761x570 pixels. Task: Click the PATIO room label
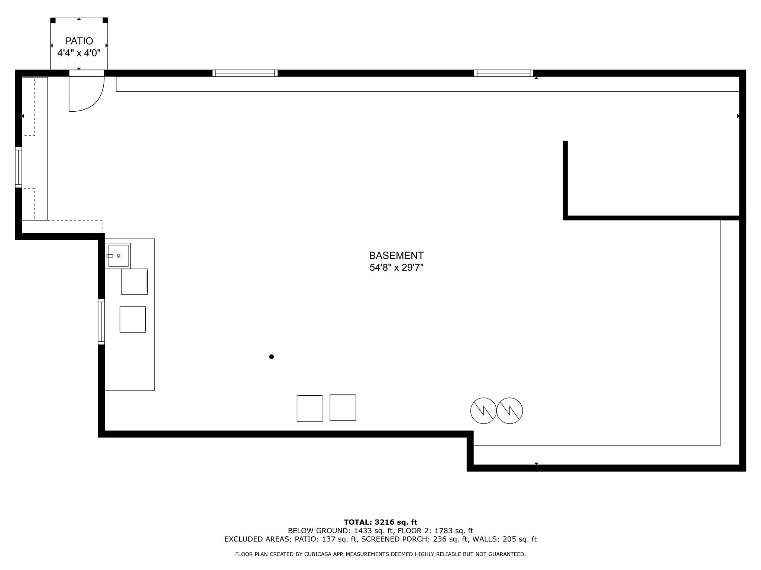coord(79,41)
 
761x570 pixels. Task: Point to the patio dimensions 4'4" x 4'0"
coord(79,53)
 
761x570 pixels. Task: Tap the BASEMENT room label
coord(396,256)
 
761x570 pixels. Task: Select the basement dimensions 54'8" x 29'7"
coord(396,268)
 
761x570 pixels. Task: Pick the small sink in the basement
coord(118,256)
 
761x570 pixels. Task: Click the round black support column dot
coord(272,357)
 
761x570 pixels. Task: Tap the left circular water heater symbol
coord(483,411)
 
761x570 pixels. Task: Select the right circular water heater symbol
coord(510,411)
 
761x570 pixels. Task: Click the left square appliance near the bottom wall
coord(310,408)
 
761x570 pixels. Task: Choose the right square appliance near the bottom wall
coord(343,407)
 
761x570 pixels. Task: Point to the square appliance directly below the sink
coord(135,282)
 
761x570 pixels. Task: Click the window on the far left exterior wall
coord(19,167)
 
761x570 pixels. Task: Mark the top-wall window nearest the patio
coord(245,73)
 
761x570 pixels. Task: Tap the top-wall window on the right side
coord(503,73)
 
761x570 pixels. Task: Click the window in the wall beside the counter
coord(101,321)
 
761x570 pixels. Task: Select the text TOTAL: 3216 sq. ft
coord(380,522)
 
